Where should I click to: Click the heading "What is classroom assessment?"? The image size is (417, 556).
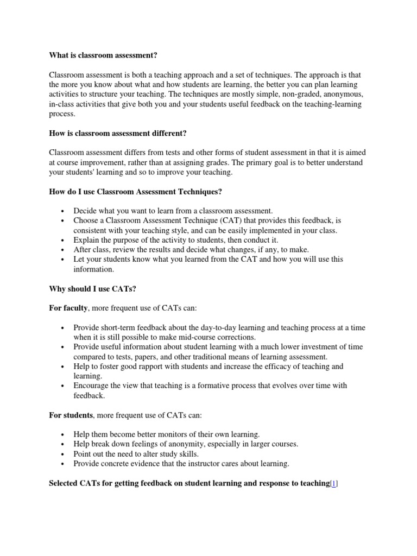pyautogui.click(x=106, y=55)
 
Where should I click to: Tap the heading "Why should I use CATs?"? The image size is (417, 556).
pyautogui.click(x=92, y=289)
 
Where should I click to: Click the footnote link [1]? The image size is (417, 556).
pyautogui.click(x=334, y=483)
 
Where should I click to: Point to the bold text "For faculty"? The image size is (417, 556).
pyautogui.click(x=68, y=308)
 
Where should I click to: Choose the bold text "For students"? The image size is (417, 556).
pyautogui.click(x=71, y=415)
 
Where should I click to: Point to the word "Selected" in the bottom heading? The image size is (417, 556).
pyautogui.click(x=67, y=483)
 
